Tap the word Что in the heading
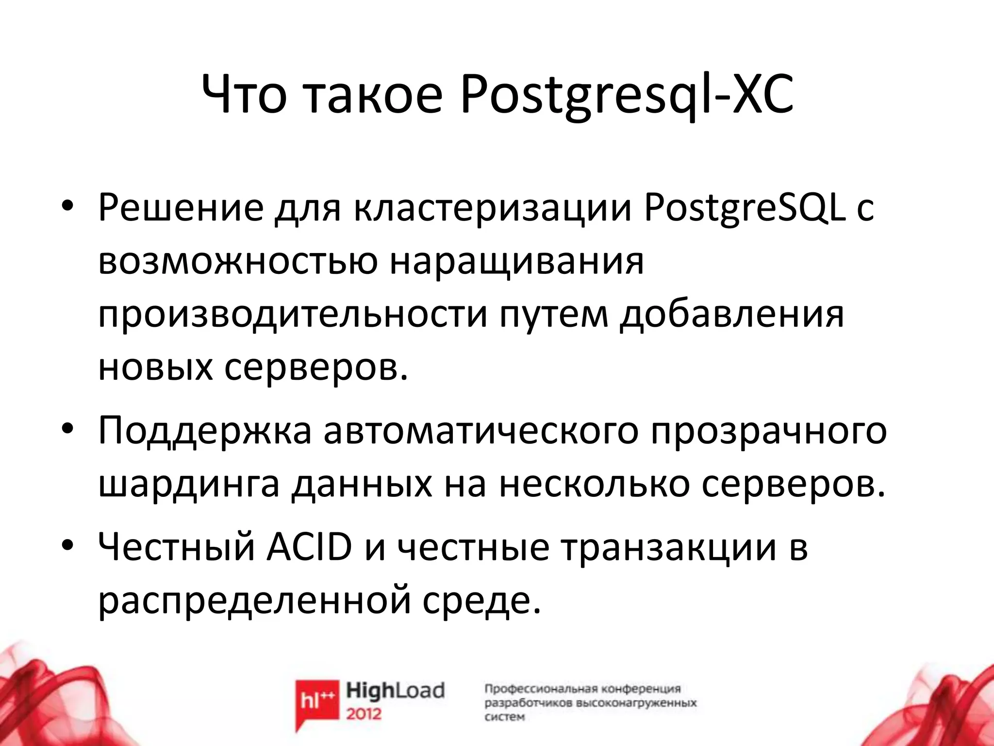click(x=244, y=95)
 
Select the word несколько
click(x=594, y=485)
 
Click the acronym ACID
click(x=309, y=548)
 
